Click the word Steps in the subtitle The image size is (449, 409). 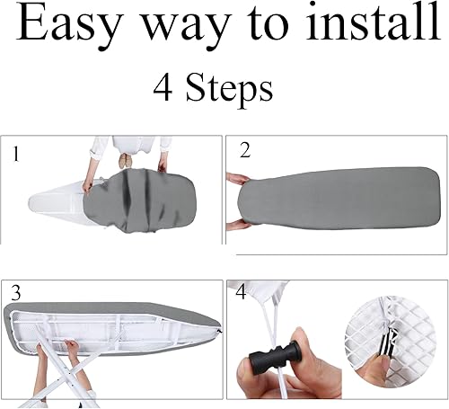click(x=229, y=89)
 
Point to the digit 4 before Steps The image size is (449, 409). click(x=163, y=87)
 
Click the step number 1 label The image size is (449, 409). click(x=16, y=154)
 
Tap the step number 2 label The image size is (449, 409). click(x=245, y=150)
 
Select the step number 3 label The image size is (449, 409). click(x=16, y=292)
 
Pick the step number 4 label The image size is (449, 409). click(x=241, y=292)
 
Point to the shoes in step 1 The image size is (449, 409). click(x=125, y=161)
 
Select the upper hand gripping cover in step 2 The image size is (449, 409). click(x=238, y=180)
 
